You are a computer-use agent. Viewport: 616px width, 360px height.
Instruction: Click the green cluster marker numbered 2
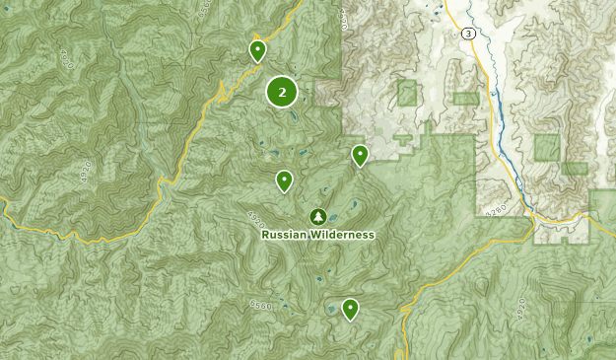(x=282, y=93)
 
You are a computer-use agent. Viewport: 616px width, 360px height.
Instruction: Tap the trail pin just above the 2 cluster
(x=257, y=49)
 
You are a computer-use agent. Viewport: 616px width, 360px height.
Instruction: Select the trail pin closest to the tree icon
(x=284, y=180)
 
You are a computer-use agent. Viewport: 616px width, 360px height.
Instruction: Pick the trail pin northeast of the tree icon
(x=360, y=155)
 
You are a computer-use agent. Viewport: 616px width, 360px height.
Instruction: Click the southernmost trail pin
(x=350, y=309)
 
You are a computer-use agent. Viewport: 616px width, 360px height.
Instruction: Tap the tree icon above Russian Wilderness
(x=317, y=216)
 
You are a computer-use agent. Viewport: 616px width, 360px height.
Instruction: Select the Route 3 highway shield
(x=467, y=33)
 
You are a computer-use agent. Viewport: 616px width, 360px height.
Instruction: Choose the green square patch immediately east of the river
(x=547, y=148)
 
